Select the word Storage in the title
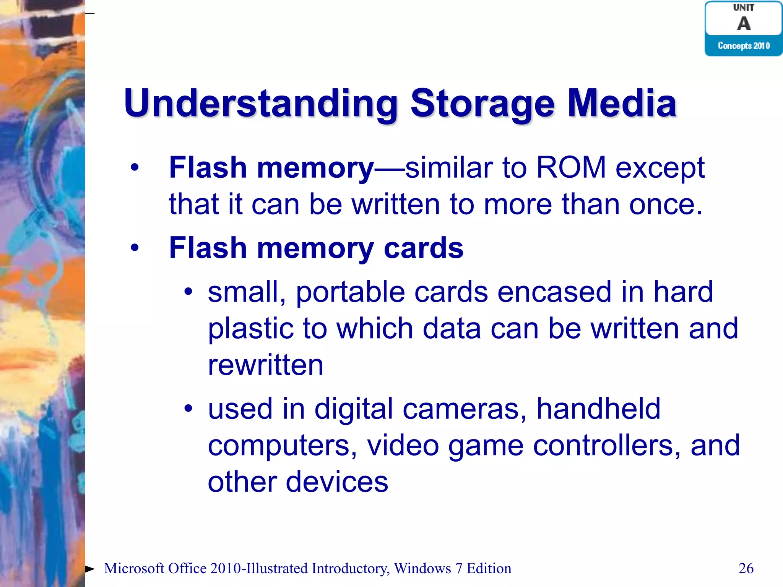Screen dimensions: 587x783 (482, 103)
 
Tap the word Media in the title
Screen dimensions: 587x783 (622, 103)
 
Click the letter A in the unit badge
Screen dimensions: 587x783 (744, 24)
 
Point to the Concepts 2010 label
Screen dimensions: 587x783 (744, 46)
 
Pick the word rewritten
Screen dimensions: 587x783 (265, 365)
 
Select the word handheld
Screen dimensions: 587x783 (598, 409)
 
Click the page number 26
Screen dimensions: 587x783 (746, 568)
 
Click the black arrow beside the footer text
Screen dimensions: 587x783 (90, 569)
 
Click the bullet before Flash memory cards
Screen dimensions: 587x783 (134, 248)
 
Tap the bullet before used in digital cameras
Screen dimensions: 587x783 (188, 409)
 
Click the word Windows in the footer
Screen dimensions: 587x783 (422, 568)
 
